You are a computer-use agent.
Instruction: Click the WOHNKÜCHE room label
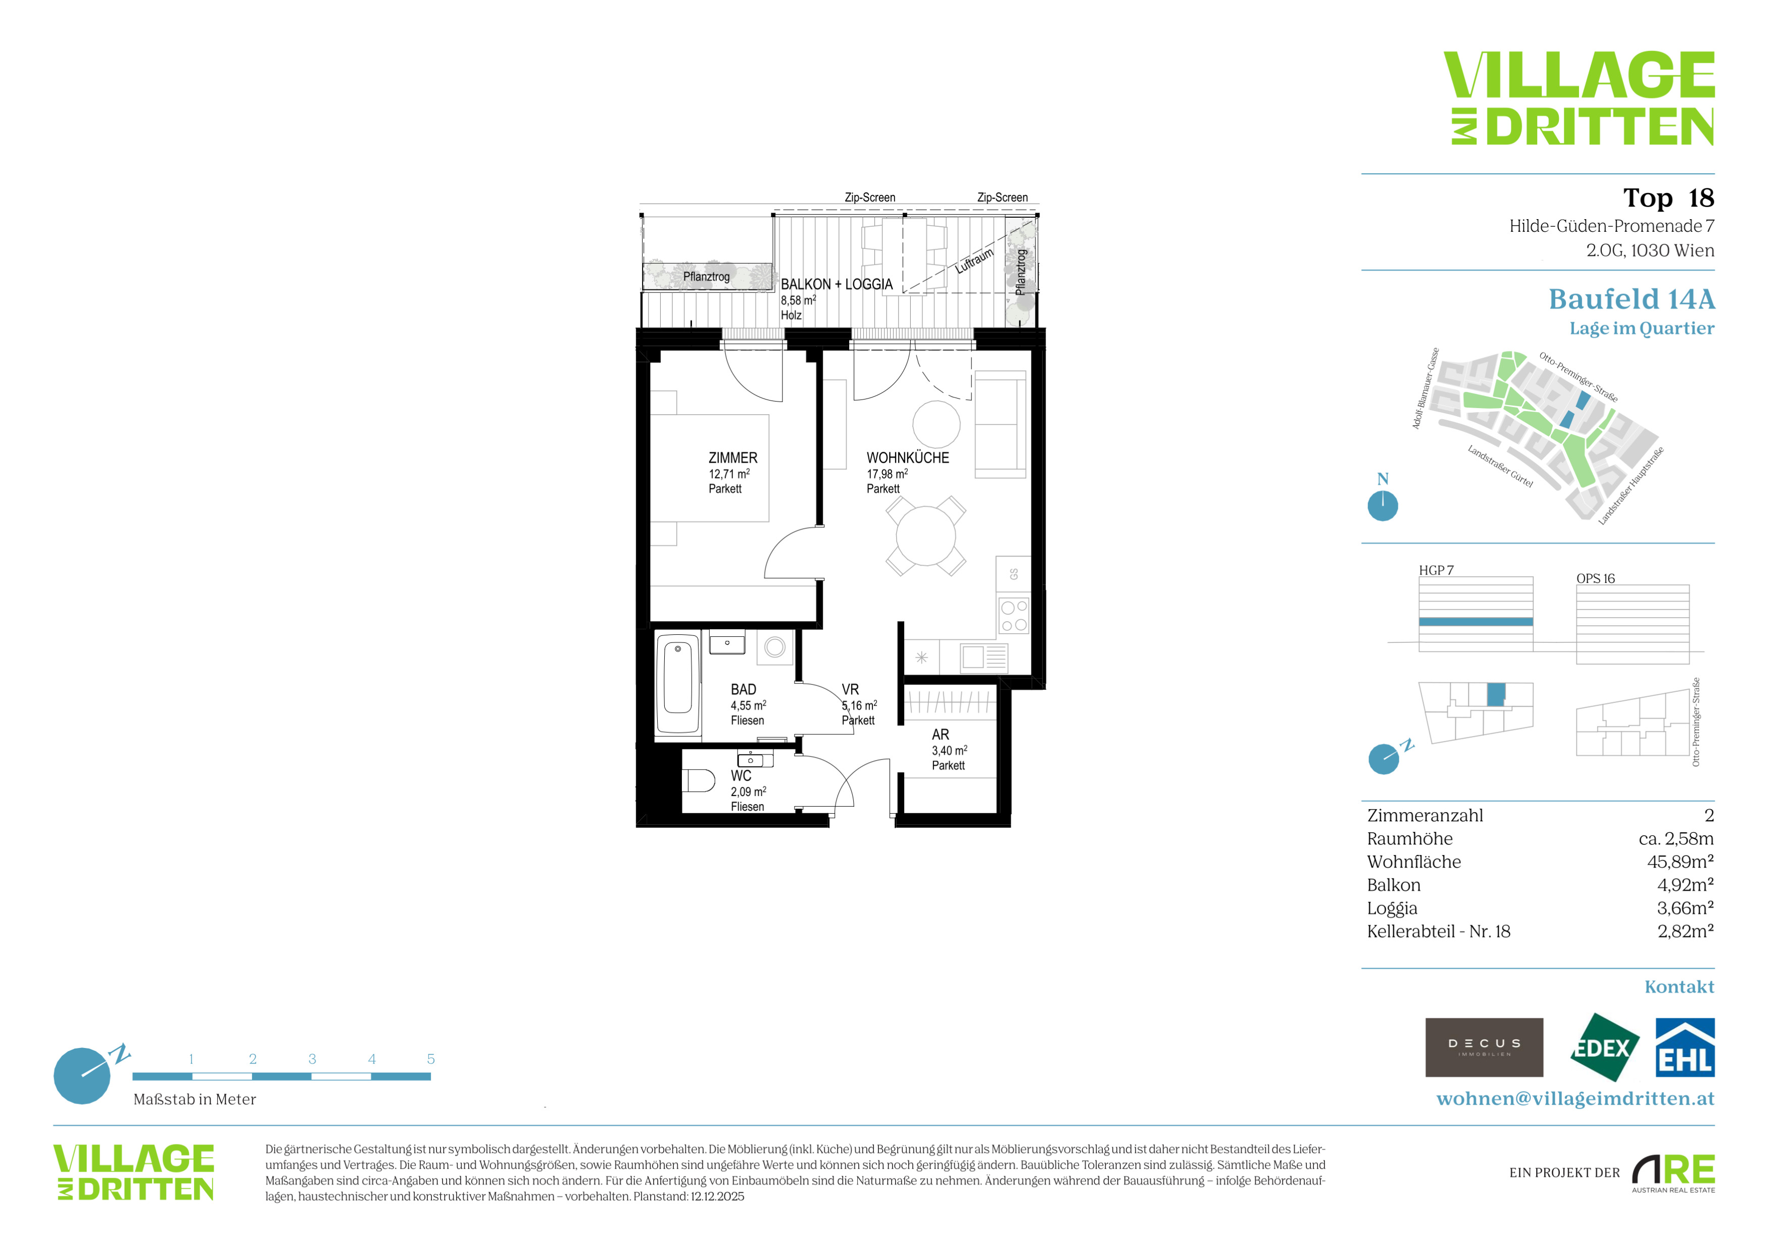[x=908, y=458]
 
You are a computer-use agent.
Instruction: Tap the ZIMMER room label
[x=733, y=458]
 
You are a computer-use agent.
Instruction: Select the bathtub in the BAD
[x=677, y=683]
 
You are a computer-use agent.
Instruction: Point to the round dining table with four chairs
[x=925, y=536]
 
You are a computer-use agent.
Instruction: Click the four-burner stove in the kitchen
[x=1013, y=616]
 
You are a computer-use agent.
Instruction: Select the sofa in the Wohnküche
[x=1000, y=425]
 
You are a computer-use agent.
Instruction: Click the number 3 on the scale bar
[x=312, y=1059]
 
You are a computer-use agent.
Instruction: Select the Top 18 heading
[x=1668, y=198]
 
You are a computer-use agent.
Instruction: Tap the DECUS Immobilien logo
[x=1484, y=1047]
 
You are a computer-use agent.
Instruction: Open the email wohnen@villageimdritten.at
[x=1576, y=1098]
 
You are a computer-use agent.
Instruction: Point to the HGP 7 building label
[x=1436, y=570]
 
